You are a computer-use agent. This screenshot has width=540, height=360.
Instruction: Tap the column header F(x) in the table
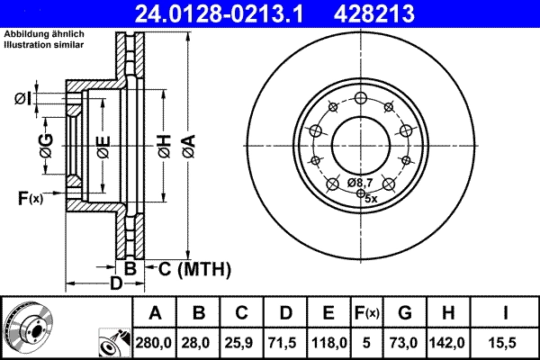click(366, 312)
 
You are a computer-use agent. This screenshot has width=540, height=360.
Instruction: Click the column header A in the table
click(155, 312)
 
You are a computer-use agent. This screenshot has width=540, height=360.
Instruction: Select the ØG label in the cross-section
click(45, 145)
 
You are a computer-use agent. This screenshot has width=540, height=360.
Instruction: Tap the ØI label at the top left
click(24, 98)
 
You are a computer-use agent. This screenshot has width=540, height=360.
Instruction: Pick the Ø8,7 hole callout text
click(361, 183)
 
